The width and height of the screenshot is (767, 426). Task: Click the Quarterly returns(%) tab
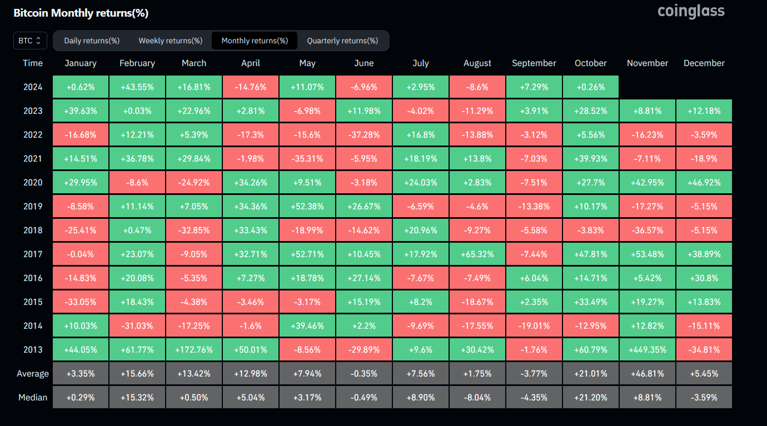tap(342, 41)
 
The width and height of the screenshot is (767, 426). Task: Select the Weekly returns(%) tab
tap(170, 41)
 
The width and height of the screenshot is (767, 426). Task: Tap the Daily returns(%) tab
tap(92, 41)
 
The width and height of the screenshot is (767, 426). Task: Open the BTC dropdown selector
tap(30, 41)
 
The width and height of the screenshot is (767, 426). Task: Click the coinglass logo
tap(691, 11)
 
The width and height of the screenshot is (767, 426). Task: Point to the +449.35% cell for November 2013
tap(648, 350)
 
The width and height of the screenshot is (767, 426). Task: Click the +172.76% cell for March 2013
tap(194, 350)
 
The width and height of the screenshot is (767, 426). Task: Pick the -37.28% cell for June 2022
tap(364, 135)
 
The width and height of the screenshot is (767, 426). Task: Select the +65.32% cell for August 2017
tap(477, 254)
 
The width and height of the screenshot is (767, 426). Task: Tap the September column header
tap(534, 63)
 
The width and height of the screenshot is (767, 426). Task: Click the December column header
tap(704, 63)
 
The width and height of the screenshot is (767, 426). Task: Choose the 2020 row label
tap(33, 183)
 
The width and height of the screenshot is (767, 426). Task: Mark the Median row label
tap(33, 398)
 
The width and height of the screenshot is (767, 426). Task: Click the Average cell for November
tap(648, 374)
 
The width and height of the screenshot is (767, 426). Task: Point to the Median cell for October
tap(591, 398)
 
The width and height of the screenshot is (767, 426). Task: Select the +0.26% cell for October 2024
tap(591, 87)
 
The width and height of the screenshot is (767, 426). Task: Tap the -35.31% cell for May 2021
tap(307, 159)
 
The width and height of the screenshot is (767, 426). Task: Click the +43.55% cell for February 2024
tap(137, 87)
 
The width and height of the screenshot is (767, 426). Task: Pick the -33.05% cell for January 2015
tap(81, 302)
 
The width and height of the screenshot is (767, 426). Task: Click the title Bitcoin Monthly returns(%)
tap(81, 13)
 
